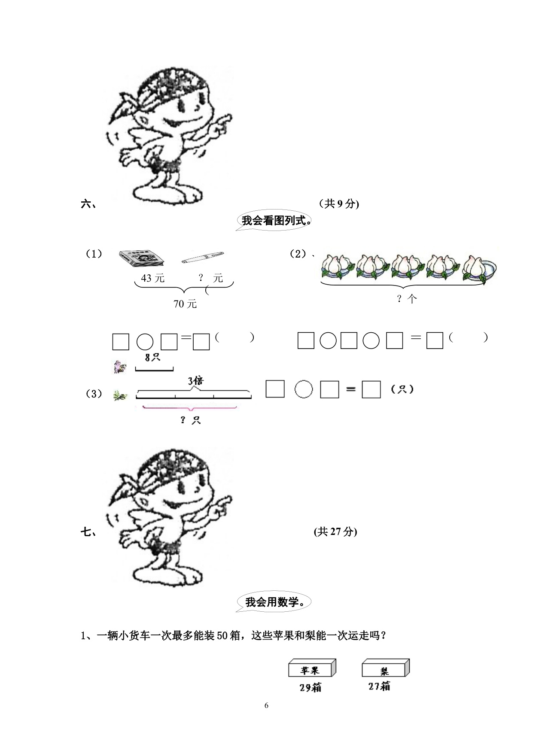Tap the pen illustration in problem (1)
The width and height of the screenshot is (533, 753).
[x=203, y=257]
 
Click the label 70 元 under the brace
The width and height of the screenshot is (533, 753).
[x=185, y=304]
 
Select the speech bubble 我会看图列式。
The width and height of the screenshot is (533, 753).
[x=273, y=221]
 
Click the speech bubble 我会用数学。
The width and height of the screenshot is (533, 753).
[x=273, y=602]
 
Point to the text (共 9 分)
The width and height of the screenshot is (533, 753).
[x=339, y=204]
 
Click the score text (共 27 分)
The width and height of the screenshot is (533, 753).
[x=335, y=531]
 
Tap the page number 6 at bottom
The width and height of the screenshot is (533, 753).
[x=266, y=705]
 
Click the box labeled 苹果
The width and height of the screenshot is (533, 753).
[x=312, y=668]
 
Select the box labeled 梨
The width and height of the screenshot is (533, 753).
[x=385, y=668]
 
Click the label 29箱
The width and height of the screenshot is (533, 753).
[x=310, y=687]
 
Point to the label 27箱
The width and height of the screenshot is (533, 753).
[x=379, y=686]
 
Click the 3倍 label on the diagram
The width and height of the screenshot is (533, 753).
[x=195, y=380]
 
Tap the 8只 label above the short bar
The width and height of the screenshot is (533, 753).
[x=152, y=357]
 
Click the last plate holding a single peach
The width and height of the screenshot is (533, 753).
[x=479, y=268]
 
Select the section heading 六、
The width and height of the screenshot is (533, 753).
[x=88, y=204]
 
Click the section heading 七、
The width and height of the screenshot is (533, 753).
[x=88, y=532]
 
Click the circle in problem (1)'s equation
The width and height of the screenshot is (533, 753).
[x=145, y=342]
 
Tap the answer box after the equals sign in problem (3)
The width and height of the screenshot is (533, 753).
[x=371, y=389]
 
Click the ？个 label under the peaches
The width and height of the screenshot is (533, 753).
[x=406, y=299]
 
